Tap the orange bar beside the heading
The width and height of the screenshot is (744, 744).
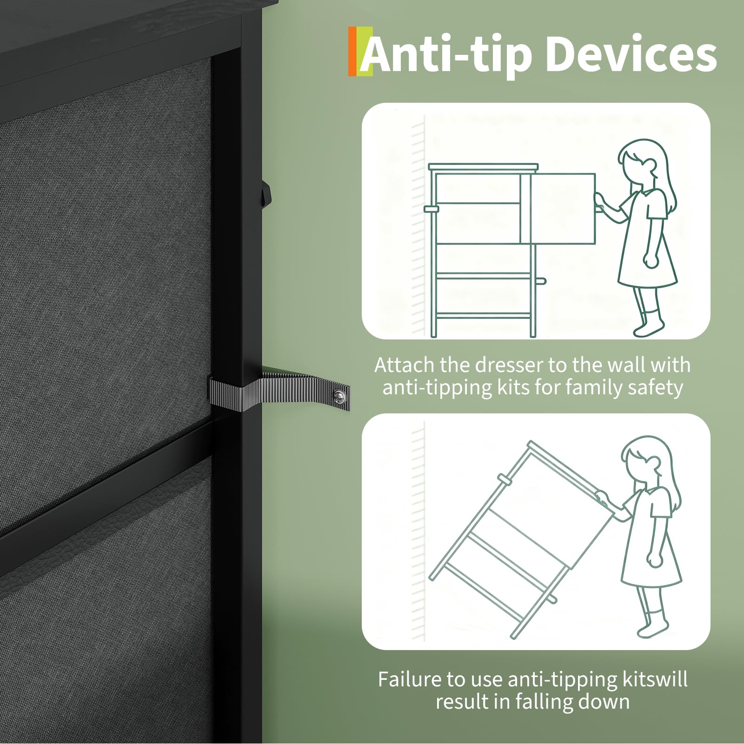click(x=352, y=51)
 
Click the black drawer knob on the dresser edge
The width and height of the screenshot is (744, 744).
click(x=266, y=192)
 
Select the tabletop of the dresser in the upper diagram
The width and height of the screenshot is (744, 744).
click(x=483, y=166)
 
